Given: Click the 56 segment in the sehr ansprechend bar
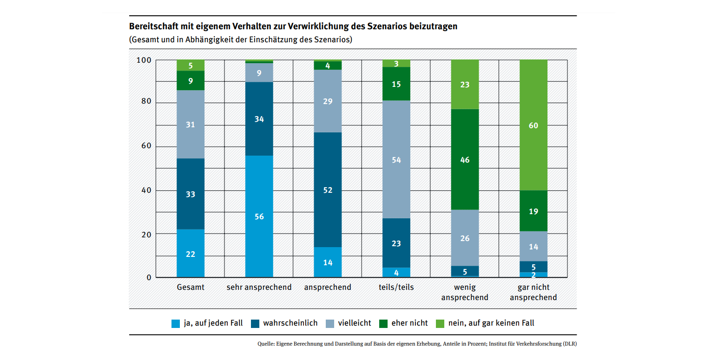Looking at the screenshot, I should click(259, 216).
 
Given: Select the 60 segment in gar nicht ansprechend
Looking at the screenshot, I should click(533, 125).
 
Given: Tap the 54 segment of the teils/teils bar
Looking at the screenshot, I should click(396, 159).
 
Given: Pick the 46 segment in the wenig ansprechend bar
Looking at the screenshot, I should click(465, 159).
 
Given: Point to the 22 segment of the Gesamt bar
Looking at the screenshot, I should click(191, 254).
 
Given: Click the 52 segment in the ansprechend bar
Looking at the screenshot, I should click(328, 190).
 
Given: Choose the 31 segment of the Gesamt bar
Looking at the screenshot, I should click(191, 124).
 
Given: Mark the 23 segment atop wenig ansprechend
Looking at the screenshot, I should click(465, 85).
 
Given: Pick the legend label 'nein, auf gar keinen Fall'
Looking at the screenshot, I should click(491, 323).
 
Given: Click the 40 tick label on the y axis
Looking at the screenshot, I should click(146, 190).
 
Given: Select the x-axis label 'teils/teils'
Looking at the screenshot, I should click(396, 287).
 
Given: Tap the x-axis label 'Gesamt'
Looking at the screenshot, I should click(191, 287).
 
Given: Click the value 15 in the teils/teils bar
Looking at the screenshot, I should click(396, 84).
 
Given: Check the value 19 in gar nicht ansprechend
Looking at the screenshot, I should click(533, 211).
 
